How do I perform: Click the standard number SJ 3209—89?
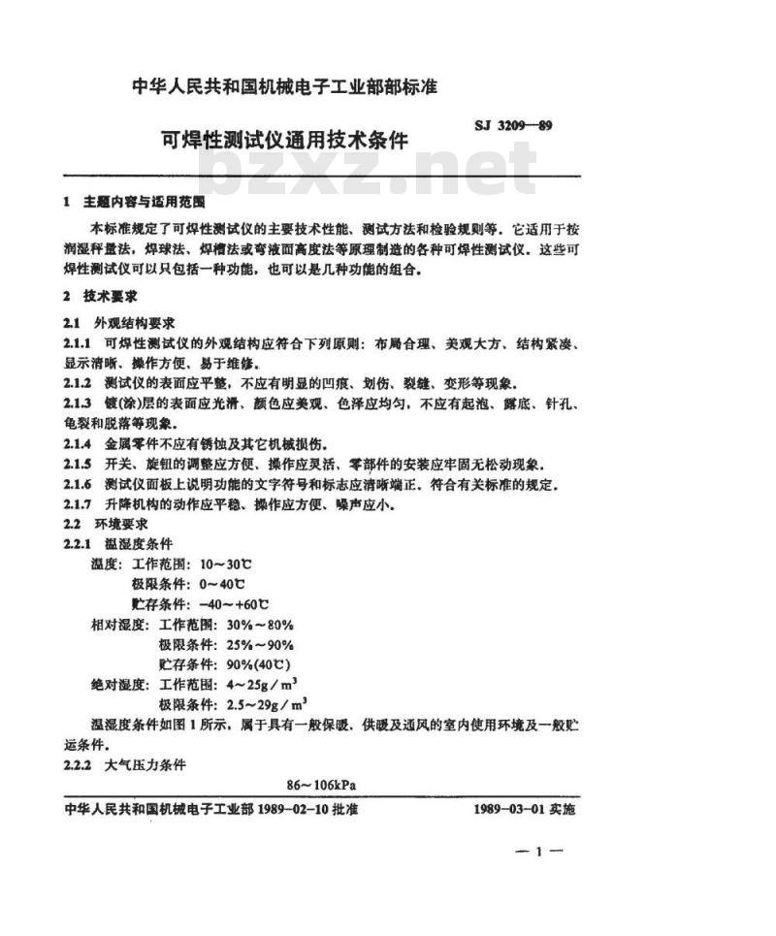click(x=513, y=124)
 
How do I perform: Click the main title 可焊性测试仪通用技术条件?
click(x=285, y=140)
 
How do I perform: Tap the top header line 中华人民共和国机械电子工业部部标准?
click(x=285, y=86)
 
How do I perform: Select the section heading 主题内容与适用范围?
click(x=145, y=203)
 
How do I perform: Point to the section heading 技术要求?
click(x=111, y=296)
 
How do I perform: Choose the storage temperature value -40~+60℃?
click(x=233, y=603)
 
